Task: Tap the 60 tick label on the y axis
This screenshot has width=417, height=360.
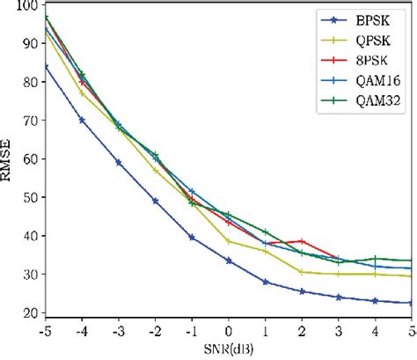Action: (32, 159)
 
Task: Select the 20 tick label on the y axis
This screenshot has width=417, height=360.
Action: (32, 312)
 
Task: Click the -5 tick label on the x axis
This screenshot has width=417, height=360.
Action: (44, 332)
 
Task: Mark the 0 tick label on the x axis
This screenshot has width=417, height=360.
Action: (229, 332)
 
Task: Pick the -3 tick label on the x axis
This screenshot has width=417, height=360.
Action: (118, 332)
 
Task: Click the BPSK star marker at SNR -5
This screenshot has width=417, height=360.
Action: (46, 66)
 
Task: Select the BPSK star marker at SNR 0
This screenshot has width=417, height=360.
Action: (229, 261)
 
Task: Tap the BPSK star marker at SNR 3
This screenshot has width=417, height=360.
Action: (339, 297)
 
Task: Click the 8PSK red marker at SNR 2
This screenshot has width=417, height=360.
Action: (302, 241)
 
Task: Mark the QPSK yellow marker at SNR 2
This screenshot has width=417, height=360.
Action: (302, 272)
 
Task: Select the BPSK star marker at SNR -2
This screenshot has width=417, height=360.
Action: (156, 201)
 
